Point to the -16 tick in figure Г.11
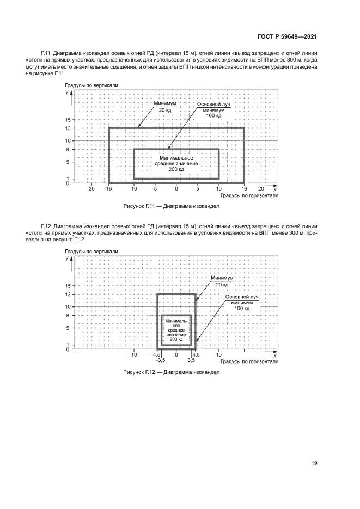click(109, 188)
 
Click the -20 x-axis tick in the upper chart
click(91, 188)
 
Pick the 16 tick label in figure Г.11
click(244, 188)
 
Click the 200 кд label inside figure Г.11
click(176, 169)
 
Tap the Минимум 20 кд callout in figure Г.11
click(163, 107)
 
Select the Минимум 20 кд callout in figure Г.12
click(222, 281)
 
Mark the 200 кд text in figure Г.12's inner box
click(176, 339)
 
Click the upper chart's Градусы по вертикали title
click(91, 86)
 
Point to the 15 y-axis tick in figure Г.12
click(69, 285)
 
